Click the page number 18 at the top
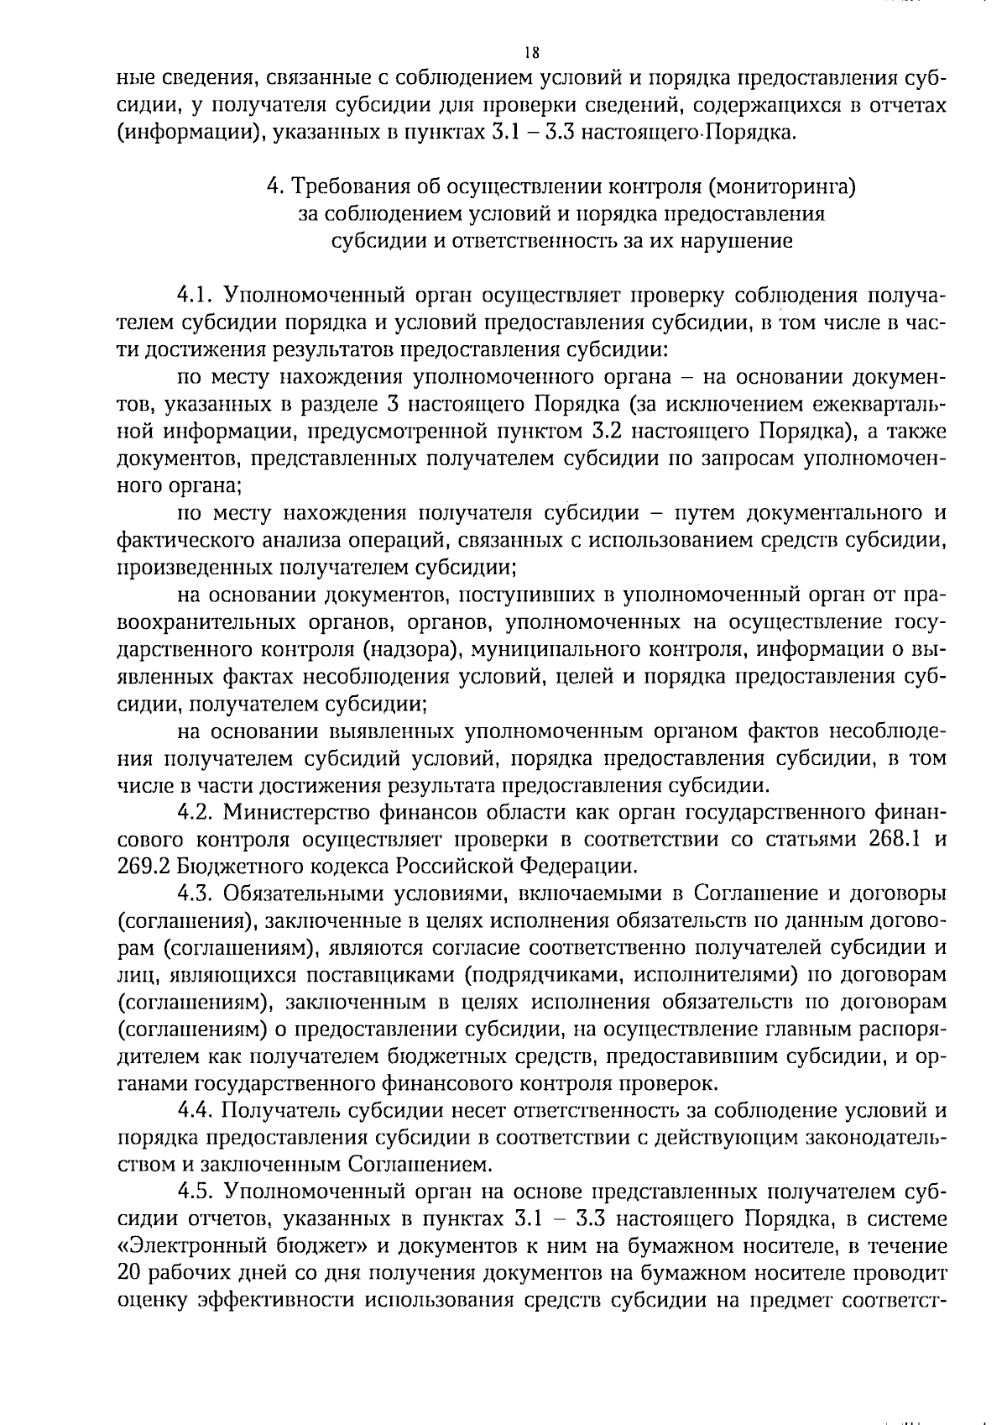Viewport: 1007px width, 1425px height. click(530, 52)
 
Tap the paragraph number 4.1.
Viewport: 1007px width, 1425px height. click(196, 296)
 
